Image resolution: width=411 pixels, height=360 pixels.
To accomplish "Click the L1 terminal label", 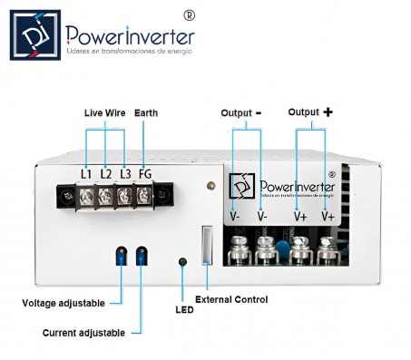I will pyautogui.click(x=86, y=172).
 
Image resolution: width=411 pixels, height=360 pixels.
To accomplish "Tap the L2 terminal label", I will pyautogui.click(x=106, y=172).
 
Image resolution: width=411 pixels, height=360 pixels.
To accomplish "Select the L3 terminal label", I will pyautogui.click(x=125, y=172).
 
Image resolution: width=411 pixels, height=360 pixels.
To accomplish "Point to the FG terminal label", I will pyautogui.click(x=145, y=172).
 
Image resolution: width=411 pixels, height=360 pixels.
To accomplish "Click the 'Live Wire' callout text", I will pyautogui.click(x=105, y=112).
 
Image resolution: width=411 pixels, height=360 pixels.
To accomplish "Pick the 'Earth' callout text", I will pyautogui.click(x=145, y=112).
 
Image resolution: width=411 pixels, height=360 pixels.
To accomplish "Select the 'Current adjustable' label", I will pyautogui.click(x=83, y=333).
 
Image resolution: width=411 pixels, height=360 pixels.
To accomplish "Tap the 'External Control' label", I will pyautogui.click(x=231, y=299).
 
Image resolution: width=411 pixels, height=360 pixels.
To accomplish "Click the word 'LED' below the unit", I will pyautogui.click(x=184, y=310).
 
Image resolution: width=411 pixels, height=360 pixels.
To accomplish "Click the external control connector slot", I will pyautogui.click(x=207, y=245).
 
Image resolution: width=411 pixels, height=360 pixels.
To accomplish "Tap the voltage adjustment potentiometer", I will pyautogui.click(x=120, y=257).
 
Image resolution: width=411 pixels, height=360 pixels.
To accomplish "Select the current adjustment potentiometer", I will pyautogui.click(x=141, y=257).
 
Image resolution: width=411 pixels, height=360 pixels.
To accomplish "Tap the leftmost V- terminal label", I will pyautogui.click(x=235, y=217).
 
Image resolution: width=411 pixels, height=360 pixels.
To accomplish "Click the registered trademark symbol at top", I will pyautogui.click(x=189, y=15).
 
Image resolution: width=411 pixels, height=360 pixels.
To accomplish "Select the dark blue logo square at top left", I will pyautogui.click(x=35, y=35).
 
